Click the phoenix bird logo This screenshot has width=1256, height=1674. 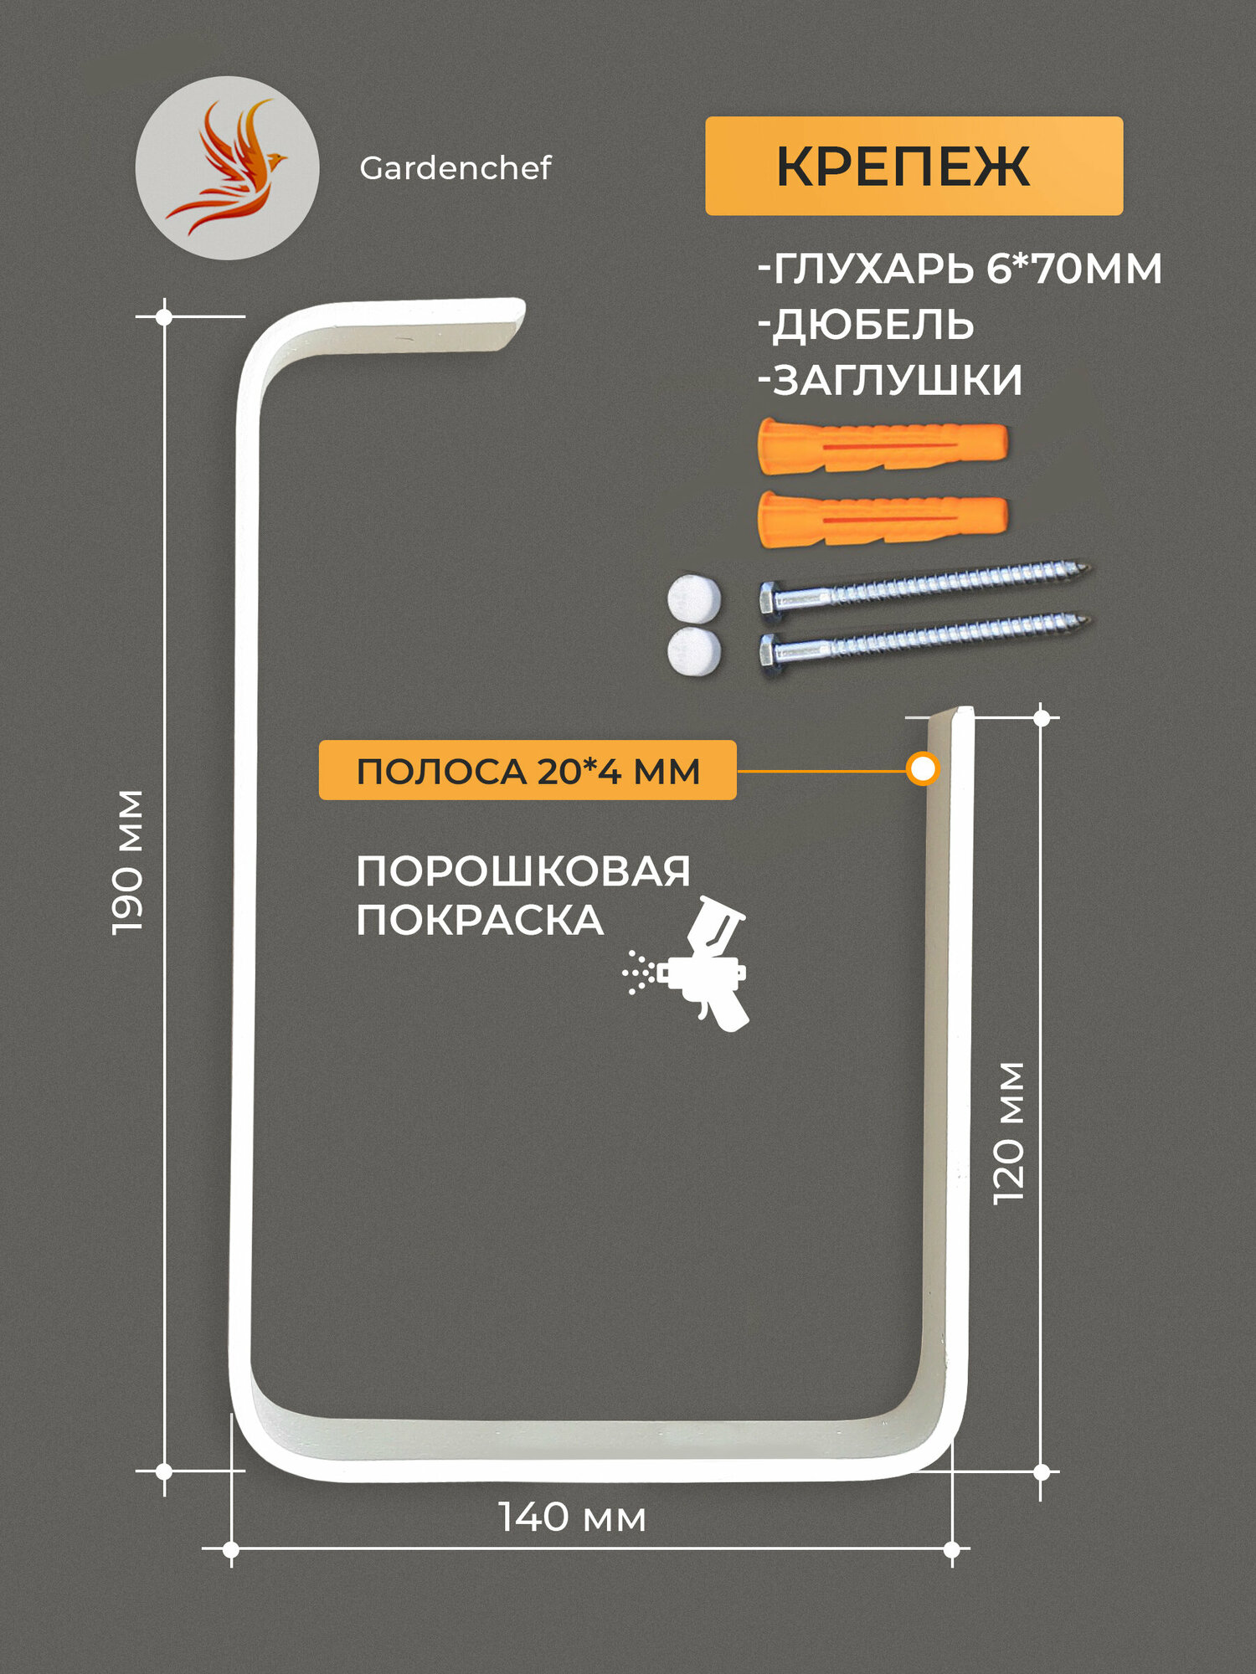tap(227, 167)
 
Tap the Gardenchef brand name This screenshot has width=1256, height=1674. tap(455, 168)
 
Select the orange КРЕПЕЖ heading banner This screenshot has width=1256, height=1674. tap(914, 166)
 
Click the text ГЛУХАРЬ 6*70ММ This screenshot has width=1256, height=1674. tap(960, 269)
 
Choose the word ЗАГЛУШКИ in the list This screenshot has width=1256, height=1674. tap(896, 380)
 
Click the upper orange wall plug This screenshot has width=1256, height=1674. tap(882, 445)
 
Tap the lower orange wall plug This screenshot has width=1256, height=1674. tap(882, 517)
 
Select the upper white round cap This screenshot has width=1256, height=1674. tap(693, 598)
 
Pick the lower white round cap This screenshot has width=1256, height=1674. tap(693, 651)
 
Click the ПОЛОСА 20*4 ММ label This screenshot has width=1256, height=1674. tap(528, 770)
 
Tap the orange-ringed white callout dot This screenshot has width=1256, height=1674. tap(922, 768)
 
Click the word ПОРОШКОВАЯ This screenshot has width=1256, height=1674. tap(523, 872)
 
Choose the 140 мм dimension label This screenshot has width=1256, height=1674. tap(572, 1517)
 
